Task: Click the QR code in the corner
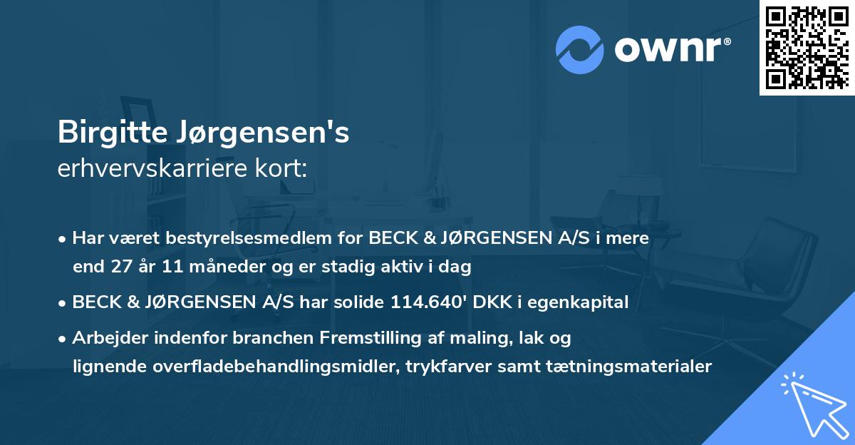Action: [x=807, y=48]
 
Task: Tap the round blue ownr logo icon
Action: [x=580, y=49]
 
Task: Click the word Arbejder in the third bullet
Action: [x=105, y=337]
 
